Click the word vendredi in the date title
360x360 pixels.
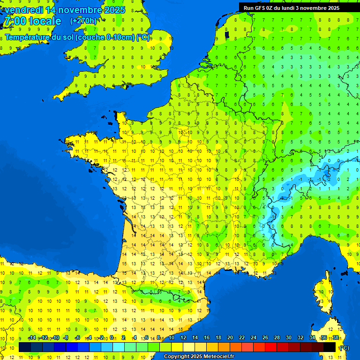coord(24,10)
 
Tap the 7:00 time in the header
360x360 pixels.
coord(15,21)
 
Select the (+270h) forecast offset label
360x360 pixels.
coord(83,21)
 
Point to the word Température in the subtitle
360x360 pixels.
coord(27,37)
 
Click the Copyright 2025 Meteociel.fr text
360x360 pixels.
coord(199,357)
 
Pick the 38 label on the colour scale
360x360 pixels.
coord(336,338)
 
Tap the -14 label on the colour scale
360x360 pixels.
coord(32,338)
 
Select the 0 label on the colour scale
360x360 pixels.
coord(112,338)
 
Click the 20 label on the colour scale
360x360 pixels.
coord(230,338)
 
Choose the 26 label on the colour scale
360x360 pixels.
coord(265,338)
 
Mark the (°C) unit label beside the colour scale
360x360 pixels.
coord(344,348)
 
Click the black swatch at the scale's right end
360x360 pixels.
coord(330,347)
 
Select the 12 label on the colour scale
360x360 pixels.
coord(183,338)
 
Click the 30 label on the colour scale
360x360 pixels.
coord(289,338)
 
